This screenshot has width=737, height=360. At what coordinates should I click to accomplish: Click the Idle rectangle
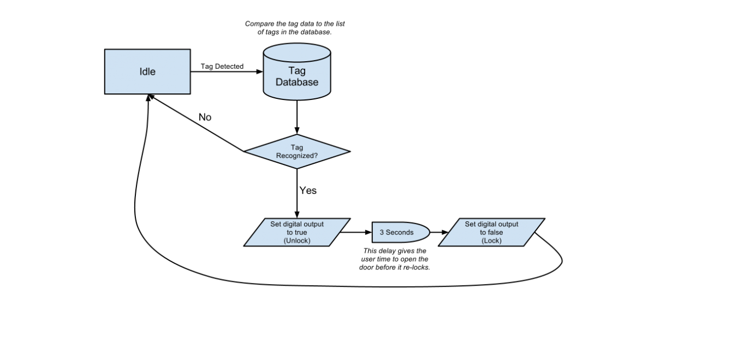pyautogui.click(x=147, y=72)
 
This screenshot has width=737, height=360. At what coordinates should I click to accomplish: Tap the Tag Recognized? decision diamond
pyautogui.click(x=297, y=151)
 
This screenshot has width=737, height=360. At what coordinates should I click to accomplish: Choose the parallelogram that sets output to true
pyautogui.click(x=297, y=232)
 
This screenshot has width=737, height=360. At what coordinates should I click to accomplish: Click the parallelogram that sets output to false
pyautogui.click(x=491, y=232)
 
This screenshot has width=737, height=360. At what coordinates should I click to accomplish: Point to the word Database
pyautogui.click(x=297, y=82)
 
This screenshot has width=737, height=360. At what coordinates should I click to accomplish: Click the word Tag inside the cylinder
pyautogui.click(x=297, y=70)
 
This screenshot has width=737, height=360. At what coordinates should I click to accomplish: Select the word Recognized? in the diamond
pyautogui.click(x=297, y=156)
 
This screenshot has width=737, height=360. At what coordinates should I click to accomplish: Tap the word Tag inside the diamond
pyautogui.click(x=297, y=147)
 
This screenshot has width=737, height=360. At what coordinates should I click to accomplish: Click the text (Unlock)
pyautogui.click(x=297, y=240)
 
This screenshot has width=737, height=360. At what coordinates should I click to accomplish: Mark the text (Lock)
pyautogui.click(x=491, y=240)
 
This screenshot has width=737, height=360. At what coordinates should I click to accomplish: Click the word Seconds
pyautogui.click(x=400, y=232)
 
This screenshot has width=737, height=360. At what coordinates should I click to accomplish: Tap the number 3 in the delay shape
pyautogui.click(x=382, y=232)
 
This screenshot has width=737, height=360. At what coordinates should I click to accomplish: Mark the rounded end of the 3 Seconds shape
pyautogui.click(x=425, y=232)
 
